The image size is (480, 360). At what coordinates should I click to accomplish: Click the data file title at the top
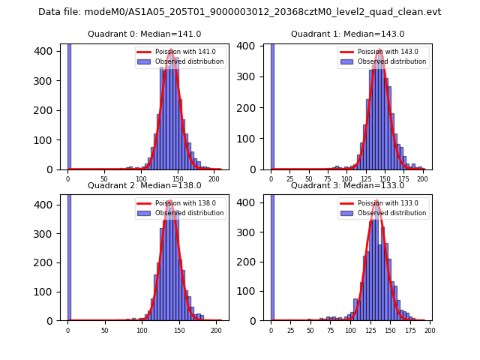point(240,12)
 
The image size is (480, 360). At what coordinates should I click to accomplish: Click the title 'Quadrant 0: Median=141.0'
point(145,34)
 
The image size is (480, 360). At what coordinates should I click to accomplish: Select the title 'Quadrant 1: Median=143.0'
point(348,34)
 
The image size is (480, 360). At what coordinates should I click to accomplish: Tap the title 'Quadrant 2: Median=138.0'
point(145,185)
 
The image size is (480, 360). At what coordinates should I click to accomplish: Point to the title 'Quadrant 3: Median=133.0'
point(348,185)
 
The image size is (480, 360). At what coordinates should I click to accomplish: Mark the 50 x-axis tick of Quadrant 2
point(104,330)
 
